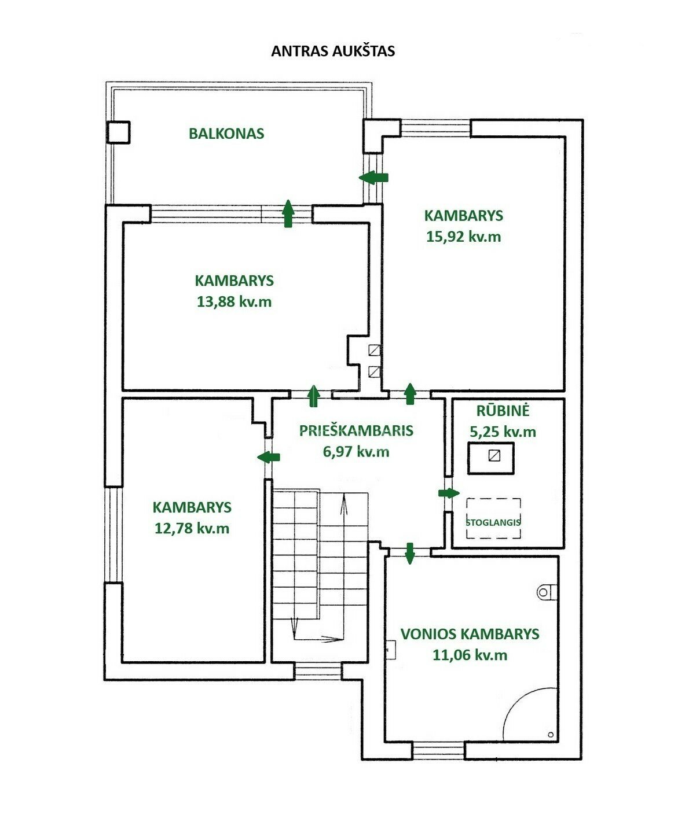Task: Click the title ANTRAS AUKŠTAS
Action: click(333, 51)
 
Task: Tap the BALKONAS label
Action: click(226, 134)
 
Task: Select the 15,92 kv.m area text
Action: click(463, 237)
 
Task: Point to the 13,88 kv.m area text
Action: click(234, 301)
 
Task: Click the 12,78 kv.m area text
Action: click(192, 528)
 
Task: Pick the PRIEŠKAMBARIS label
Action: click(356, 430)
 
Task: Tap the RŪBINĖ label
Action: click(503, 411)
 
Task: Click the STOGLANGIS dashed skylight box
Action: click(493, 518)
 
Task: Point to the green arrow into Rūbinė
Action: click(449, 493)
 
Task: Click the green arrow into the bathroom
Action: click(409, 554)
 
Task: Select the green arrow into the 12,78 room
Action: click(268, 456)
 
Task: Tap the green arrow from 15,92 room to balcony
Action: click(373, 178)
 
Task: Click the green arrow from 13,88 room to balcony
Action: click(288, 213)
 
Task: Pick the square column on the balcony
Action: click(118, 132)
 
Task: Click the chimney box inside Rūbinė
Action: click(491, 458)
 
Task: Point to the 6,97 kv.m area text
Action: click(356, 452)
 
